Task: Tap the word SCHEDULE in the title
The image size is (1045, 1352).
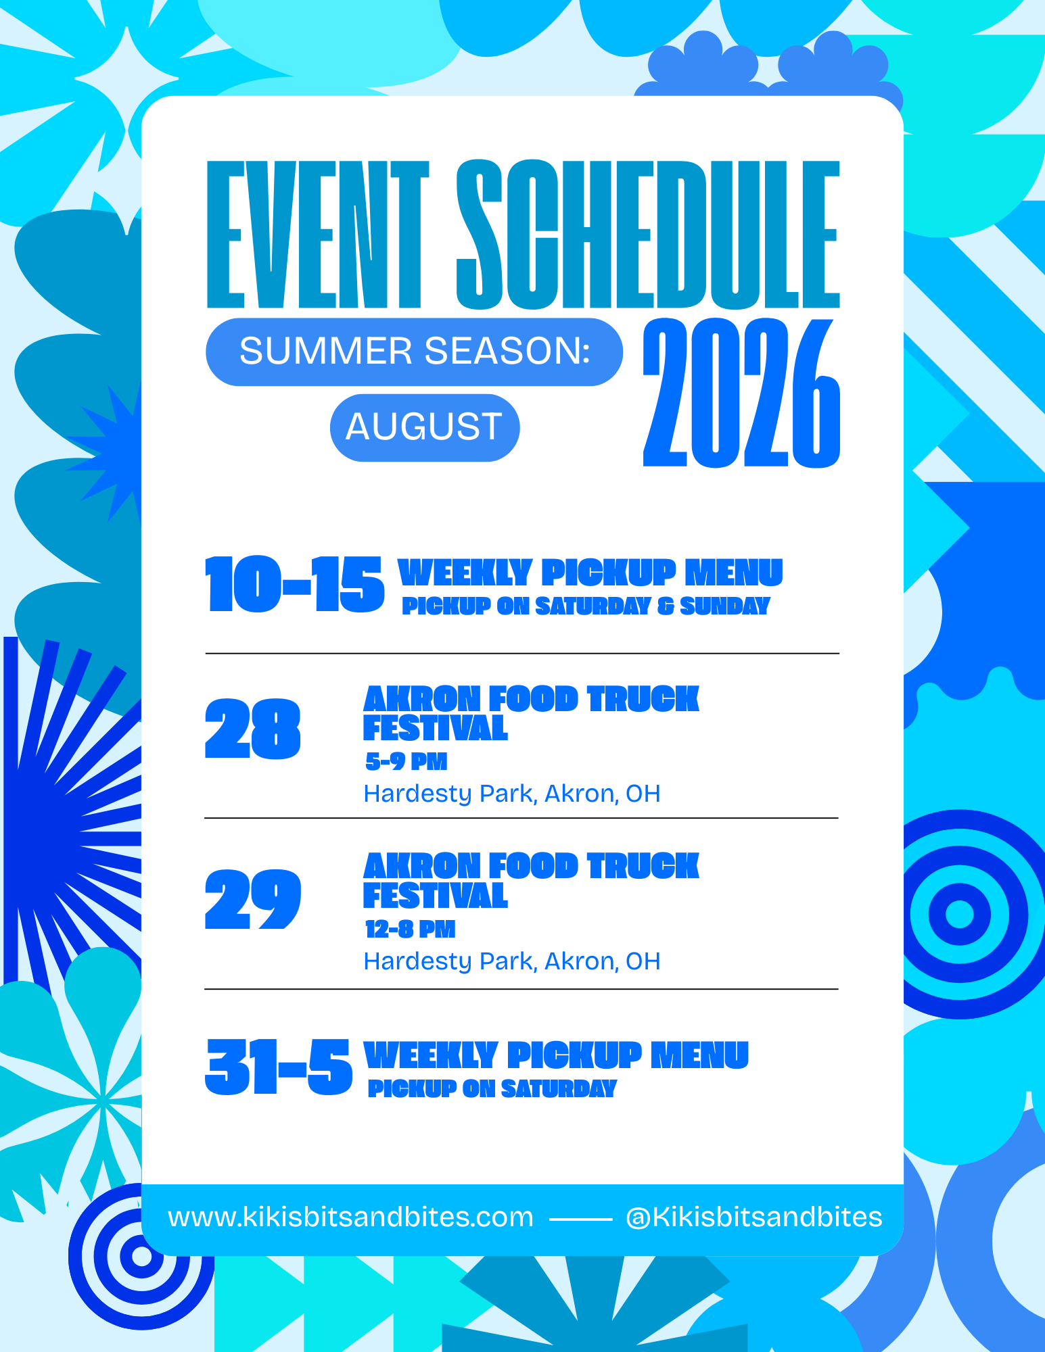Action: point(648,235)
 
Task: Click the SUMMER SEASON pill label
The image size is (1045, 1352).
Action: point(415,352)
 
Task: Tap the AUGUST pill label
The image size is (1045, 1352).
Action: point(425,427)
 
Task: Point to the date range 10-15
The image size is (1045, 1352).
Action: point(295,585)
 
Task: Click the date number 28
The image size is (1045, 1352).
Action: point(252,729)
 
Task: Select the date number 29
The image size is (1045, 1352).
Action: point(252,899)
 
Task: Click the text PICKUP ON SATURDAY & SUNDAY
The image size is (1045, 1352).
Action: point(586,606)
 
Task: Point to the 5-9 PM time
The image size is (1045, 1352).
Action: point(407,762)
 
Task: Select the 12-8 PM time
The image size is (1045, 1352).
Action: point(410,930)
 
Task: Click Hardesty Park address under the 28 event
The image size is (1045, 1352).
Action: point(512,794)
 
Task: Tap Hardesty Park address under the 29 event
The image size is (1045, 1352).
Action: point(512,961)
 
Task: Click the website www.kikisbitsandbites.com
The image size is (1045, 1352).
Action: point(350,1217)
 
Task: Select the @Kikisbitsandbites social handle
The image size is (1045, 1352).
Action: point(754,1217)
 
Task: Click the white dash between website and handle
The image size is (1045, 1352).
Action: point(580,1220)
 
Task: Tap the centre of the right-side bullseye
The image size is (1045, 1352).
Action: point(959,915)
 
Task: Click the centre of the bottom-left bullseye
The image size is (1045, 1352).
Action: point(141,1256)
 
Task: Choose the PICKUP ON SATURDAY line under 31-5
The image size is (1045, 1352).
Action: point(492,1088)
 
